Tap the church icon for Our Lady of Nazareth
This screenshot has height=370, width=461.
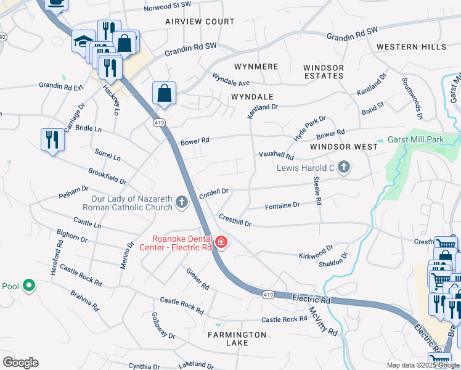[181, 202]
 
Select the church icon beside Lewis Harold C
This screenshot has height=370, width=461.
[344, 167]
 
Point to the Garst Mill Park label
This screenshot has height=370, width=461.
[415, 140]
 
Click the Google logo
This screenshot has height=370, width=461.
[20, 362]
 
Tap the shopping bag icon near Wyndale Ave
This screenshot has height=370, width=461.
[165, 94]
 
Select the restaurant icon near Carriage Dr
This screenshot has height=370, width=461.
[52, 139]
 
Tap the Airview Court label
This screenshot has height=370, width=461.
[200, 22]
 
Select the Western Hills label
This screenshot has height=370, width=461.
[411, 47]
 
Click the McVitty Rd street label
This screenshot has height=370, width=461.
[323, 321]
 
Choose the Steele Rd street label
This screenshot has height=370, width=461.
[317, 191]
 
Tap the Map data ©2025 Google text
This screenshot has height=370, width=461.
[422, 365]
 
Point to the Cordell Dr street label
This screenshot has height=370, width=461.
[214, 192]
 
